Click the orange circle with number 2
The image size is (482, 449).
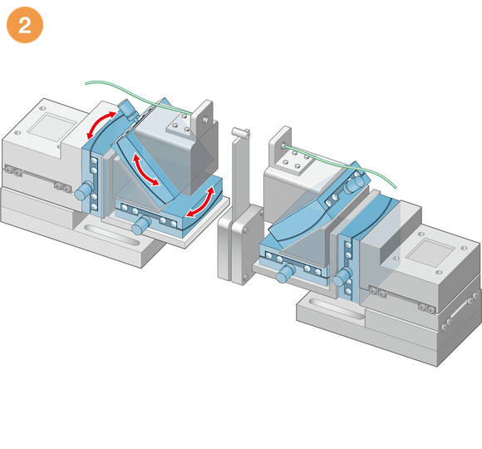click(25, 25)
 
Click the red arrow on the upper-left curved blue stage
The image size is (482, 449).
click(99, 124)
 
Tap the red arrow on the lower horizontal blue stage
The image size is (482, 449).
click(201, 202)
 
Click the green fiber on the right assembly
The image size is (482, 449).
click(342, 164)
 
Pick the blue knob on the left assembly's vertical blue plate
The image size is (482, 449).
click(84, 190)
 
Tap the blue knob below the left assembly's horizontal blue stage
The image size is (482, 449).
click(140, 225)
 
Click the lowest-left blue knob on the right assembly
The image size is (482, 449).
click(286, 273)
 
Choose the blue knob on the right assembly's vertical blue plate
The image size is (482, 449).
click(342, 276)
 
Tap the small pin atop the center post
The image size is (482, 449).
click(241, 132)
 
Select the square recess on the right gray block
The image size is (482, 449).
click(430, 253)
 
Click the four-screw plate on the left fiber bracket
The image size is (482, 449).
click(180, 125)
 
